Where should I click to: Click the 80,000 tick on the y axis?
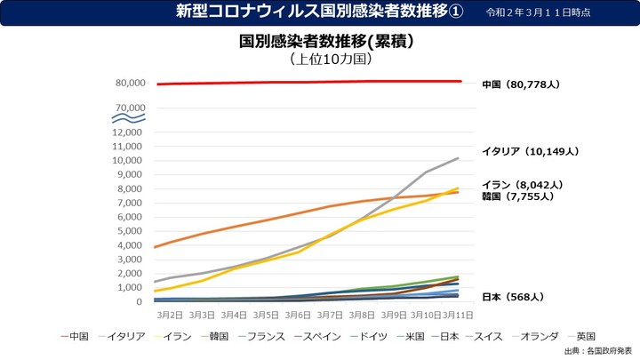(x=130, y=84)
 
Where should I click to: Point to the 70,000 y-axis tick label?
(x=130, y=108)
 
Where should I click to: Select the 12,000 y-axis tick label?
(x=130, y=132)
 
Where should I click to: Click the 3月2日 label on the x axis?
(x=170, y=315)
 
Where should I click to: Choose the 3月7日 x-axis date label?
(x=330, y=315)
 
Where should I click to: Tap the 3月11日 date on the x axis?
(x=458, y=315)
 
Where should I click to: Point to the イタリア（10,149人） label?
(x=532, y=150)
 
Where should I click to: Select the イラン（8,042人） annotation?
(x=523, y=185)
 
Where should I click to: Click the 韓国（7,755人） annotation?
(x=517, y=196)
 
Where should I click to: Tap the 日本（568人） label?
(x=513, y=296)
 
